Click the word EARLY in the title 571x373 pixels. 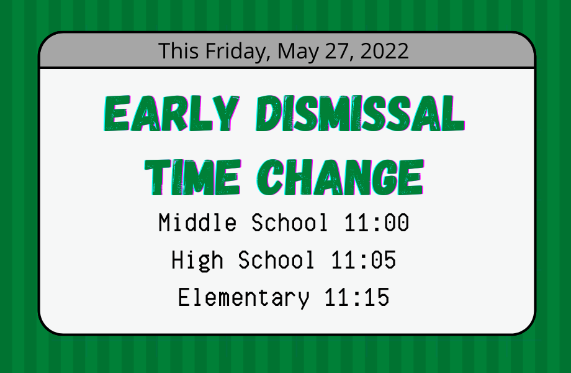pos(171,113)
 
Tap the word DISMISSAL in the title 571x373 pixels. pos(361,113)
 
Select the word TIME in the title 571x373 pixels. pos(193,178)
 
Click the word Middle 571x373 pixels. pos(197,222)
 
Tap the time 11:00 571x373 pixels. pos(377,223)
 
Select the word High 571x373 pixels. pos(197,260)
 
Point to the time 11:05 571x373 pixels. pos(364,260)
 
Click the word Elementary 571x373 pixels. pos(244,298)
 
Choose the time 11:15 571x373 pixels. pos(357,297)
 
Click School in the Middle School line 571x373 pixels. pos(289,222)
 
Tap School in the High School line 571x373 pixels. pos(276,260)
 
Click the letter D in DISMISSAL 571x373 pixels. pos(268,113)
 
